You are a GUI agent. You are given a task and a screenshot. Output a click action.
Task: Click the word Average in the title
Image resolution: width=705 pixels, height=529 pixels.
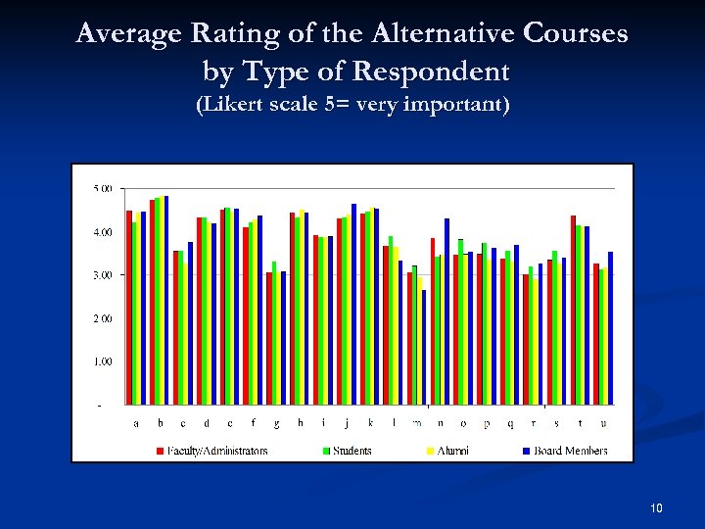point(124,35)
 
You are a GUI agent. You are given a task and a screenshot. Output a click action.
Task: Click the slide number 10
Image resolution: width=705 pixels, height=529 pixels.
point(656,507)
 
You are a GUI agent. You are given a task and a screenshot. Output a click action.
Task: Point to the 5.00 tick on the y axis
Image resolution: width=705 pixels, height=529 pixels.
point(103,188)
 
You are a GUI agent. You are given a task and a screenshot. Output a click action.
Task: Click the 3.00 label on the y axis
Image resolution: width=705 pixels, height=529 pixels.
point(103,275)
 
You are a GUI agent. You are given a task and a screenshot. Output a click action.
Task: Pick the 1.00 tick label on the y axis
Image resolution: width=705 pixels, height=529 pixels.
point(103,361)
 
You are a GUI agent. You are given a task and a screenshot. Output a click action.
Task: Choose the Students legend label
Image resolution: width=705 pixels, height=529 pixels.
point(352,451)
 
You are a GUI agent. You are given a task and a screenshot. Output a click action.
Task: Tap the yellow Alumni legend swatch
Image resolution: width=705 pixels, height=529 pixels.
point(430,451)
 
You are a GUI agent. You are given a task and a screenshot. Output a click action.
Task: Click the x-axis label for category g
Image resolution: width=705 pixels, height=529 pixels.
point(276,424)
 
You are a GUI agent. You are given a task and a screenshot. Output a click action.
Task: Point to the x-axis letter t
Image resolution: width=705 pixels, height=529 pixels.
point(581,424)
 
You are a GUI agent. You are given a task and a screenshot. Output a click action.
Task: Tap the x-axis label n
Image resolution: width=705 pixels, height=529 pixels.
point(440,424)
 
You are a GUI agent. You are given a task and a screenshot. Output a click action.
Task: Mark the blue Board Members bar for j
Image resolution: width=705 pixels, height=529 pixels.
point(353,304)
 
